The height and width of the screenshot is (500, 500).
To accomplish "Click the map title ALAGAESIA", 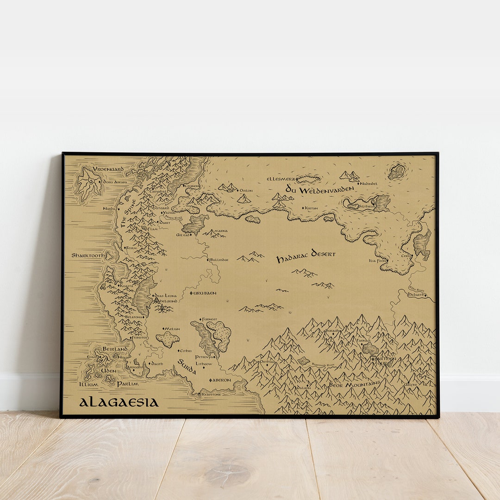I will point(119,402).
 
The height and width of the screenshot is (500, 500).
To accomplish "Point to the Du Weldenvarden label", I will point(319,189).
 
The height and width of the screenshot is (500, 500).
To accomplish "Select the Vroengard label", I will point(108,169).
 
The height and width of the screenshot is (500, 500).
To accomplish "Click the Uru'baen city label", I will point(204,293).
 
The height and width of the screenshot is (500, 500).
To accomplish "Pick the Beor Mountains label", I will point(354,384).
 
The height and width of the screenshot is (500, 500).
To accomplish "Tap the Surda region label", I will point(187,366).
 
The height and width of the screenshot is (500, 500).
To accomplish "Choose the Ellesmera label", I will point(281,179).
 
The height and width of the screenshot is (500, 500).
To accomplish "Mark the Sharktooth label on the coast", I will point(88,255).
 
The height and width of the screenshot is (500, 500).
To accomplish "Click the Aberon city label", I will point(221,380).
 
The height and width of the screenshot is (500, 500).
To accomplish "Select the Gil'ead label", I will point(183,235).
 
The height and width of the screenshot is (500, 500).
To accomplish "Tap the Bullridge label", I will point(219,260).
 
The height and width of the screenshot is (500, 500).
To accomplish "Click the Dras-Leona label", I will point(165,295).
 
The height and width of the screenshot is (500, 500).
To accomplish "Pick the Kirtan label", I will point(311,208).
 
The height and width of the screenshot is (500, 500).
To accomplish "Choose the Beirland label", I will point(115,349).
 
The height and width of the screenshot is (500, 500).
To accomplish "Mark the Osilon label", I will point(245,190).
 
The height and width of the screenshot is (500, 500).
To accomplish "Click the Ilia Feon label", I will point(377,261).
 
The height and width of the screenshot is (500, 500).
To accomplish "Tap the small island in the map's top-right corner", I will point(397,172).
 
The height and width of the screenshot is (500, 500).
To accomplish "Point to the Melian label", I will point(172,329).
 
